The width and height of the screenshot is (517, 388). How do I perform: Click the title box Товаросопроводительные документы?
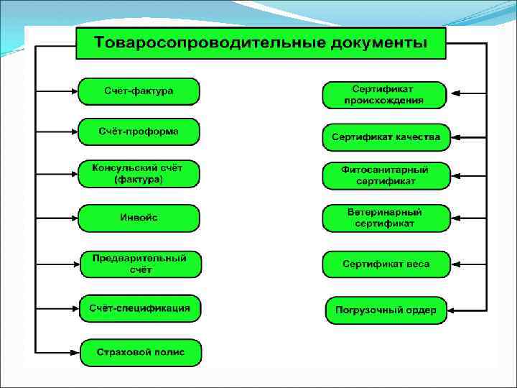261,44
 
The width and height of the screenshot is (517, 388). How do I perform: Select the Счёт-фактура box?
139,91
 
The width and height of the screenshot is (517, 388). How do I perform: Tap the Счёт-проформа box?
139,132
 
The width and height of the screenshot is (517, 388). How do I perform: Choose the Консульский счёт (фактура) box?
139,174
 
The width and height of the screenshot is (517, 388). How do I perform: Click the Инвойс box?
139,218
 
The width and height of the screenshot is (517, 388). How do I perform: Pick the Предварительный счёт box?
140,264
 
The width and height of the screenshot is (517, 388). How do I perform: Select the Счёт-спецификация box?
140,308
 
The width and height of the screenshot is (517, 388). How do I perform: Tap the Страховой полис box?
140,352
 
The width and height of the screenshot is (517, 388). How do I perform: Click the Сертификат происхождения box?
384,95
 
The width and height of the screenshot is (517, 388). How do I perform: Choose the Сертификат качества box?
386,137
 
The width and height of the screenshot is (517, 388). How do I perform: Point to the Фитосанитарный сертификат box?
386,176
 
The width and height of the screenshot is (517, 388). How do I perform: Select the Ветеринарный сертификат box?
386,218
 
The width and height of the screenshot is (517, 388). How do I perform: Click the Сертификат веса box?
386,264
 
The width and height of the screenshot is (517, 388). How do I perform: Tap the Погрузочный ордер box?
386,311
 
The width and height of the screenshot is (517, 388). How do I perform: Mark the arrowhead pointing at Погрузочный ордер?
455,311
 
